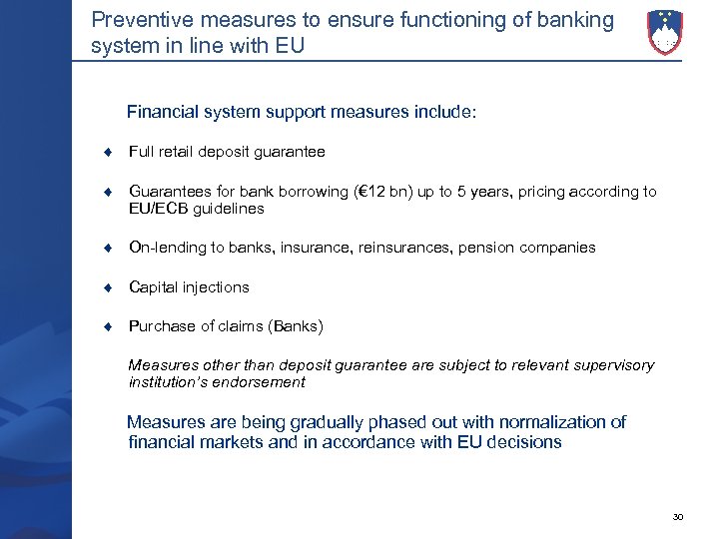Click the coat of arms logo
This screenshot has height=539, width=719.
(x=665, y=31)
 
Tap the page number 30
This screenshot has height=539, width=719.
(x=678, y=516)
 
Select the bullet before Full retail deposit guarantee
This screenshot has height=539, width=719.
(x=115, y=153)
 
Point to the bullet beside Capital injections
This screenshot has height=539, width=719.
(x=115, y=287)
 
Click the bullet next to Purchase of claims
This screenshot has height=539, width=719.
(x=115, y=326)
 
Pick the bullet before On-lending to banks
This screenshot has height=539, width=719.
(x=115, y=248)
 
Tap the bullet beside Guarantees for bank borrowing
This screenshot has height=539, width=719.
(x=115, y=192)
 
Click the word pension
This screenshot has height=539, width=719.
(x=485, y=247)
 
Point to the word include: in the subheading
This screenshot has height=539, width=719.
(x=443, y=113)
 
